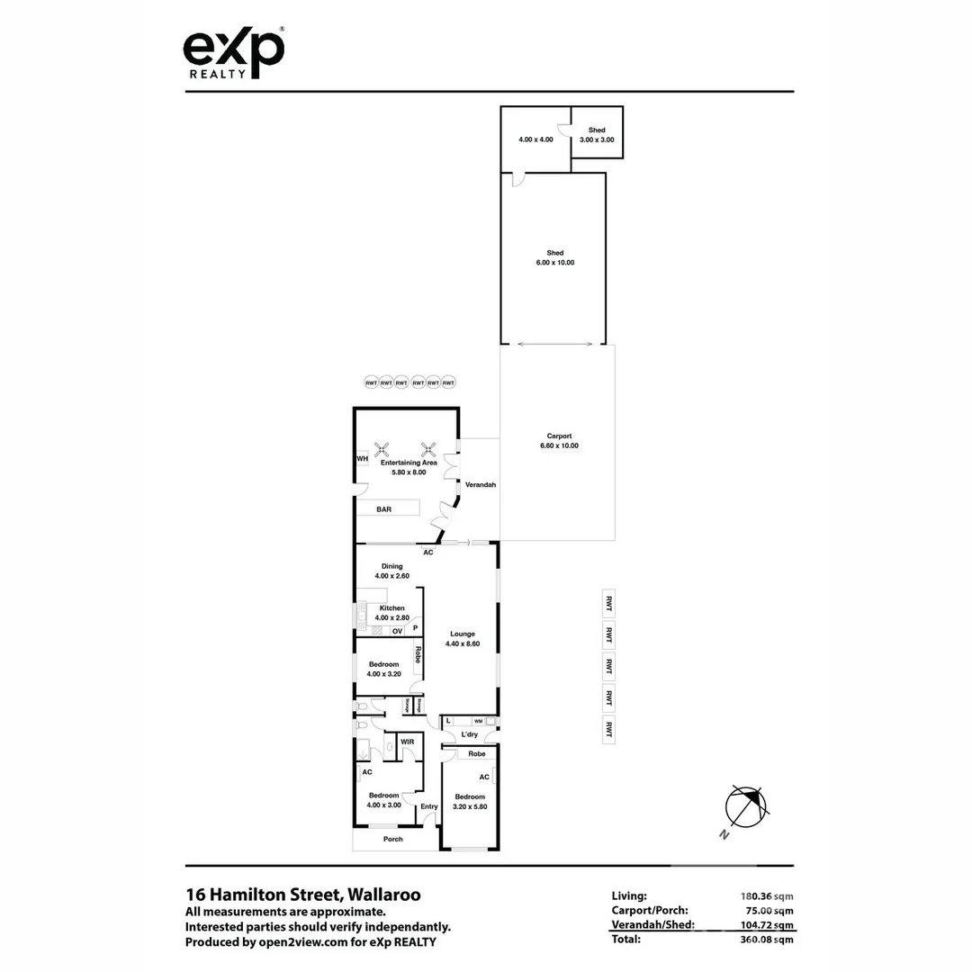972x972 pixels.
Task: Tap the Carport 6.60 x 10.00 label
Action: point(558,440)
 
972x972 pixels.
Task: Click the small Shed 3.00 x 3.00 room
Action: point(597,134)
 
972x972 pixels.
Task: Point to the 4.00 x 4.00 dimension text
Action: point(535,139)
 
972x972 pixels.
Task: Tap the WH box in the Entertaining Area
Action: point(363,459)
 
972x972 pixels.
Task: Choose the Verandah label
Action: point(481,484)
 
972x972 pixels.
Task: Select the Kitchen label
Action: point(391,608)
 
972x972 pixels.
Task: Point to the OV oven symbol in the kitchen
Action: point(397,631)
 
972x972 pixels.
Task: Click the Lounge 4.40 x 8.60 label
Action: point(463,638)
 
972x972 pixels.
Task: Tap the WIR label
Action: point(407,742)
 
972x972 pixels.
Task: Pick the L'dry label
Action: point(469,735)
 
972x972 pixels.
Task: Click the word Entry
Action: point(429,805)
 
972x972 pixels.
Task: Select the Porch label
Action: point(393,839)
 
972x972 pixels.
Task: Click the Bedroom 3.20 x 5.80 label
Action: point(470,801)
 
